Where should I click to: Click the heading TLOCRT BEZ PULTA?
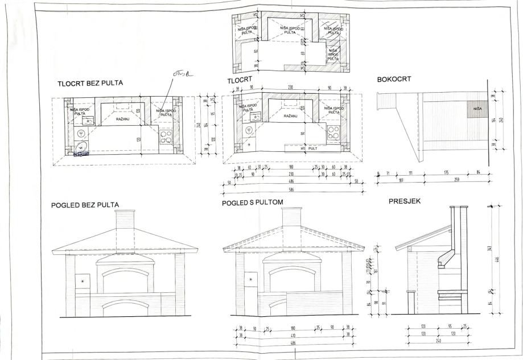90,84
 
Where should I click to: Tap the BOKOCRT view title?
394,78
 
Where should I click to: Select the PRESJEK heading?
405,201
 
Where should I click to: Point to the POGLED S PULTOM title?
252,202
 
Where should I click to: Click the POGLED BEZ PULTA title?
85,205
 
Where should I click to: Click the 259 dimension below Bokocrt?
455,182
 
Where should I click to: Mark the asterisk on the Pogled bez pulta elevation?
83,282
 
